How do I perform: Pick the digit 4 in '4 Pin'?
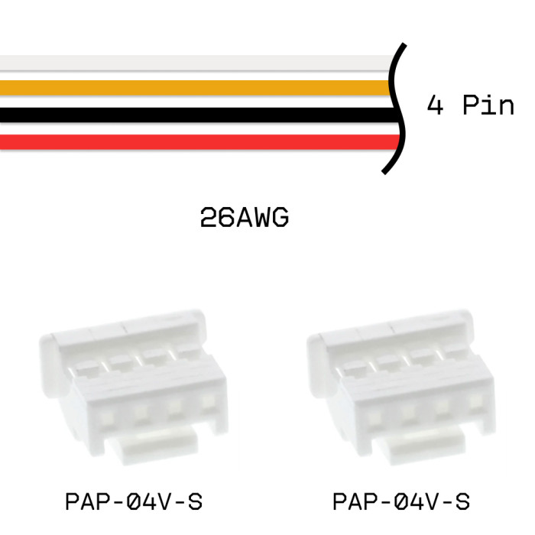click(435, 105)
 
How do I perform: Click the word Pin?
click(490, 105)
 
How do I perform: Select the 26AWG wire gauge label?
click(244, 219)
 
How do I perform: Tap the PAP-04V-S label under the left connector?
click(134, 502)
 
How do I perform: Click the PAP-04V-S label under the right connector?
click(400, 502)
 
